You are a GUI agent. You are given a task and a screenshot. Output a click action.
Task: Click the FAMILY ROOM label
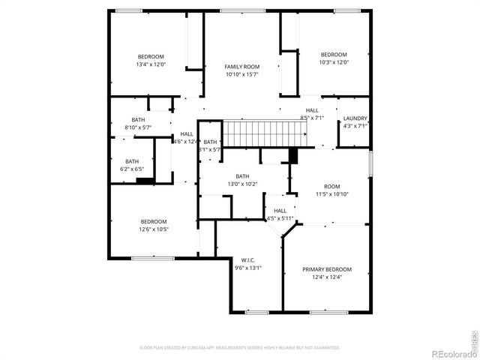241,67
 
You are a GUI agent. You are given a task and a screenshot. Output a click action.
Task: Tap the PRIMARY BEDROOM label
326,269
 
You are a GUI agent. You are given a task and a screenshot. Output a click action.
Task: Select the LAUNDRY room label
355,118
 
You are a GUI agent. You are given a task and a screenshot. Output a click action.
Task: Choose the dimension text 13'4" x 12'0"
150,64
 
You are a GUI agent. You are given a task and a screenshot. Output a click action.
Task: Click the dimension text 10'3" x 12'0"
334,62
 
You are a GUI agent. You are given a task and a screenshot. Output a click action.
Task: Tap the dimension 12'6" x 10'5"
154,229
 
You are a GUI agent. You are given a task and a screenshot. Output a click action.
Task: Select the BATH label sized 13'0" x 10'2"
242,176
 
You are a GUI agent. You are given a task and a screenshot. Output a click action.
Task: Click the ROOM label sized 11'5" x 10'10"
331,186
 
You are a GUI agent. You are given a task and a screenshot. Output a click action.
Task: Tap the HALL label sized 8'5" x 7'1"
312,110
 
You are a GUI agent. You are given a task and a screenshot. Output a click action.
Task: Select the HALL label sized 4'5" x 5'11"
280,211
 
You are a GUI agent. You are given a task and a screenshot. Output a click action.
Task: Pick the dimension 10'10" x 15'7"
241,75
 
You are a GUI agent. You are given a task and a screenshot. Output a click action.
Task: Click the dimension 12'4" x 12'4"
326,277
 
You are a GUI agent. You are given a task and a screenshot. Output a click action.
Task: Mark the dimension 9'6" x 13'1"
248,268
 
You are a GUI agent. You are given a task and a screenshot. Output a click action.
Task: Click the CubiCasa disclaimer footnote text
240,348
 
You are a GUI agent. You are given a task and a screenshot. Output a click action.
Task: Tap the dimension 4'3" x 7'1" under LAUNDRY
355,126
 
